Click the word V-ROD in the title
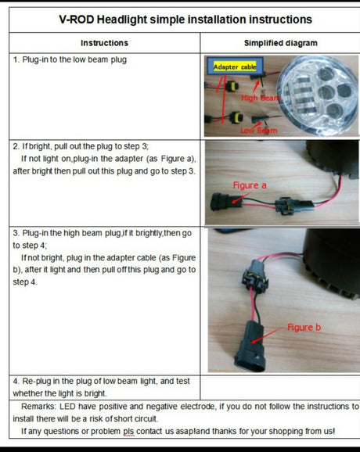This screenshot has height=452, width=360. coord(77,20)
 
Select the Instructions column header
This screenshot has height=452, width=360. coord(104,43)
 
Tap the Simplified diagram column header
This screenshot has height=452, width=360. coord(281,43)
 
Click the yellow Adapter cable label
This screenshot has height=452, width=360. coord(235,67)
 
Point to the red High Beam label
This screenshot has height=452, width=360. coord(261,98)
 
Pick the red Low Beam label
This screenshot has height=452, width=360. coord(259,131)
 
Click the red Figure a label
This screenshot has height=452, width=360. coord(250,185)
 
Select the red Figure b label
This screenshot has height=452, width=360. coord(304,327)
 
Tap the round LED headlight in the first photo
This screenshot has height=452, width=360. coord(317,95)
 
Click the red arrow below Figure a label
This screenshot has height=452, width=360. coord(240,199)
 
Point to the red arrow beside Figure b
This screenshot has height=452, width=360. coord(267,335)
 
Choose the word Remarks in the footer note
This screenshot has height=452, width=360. coord(38,407)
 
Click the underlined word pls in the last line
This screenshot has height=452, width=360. coord(128,432)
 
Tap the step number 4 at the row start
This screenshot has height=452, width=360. coord(16,381)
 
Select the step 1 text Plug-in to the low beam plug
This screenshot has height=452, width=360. coord(74,59)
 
